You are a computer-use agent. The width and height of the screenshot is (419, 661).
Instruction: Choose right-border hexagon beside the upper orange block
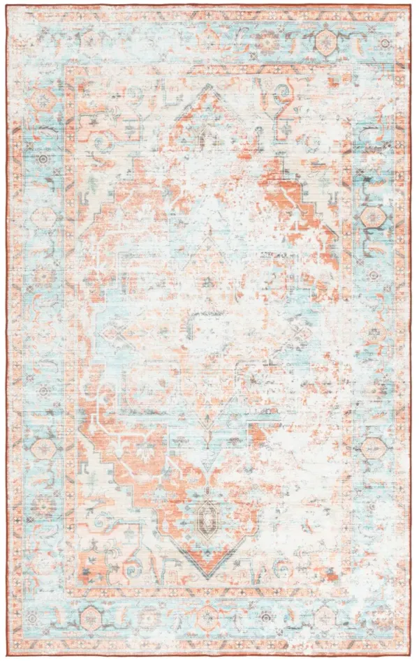369,216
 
